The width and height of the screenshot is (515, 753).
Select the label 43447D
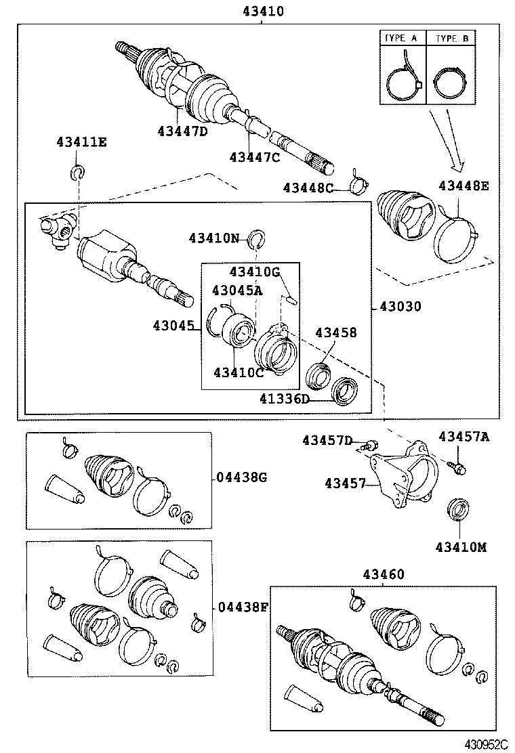click(x=182, y=131)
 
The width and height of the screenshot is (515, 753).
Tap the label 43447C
click(x=254, y=157)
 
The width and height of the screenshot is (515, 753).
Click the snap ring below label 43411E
click(x=77, y=173)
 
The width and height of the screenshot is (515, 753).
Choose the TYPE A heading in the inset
click(x=400, y=39)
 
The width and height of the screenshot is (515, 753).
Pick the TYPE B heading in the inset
click(x=451, y=39)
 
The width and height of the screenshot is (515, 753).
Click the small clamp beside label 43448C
click(x=357, y=181)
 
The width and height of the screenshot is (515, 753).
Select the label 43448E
click(x=463, y=186)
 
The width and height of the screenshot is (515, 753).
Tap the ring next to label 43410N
click(x=256, y=238)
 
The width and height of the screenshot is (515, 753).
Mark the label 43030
click(x=400, y=307)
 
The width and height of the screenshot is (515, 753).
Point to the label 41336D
click(x=284, y=399)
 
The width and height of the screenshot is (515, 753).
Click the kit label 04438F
click(x=242, y=606)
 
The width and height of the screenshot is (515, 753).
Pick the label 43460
click(x=383, y=574)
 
